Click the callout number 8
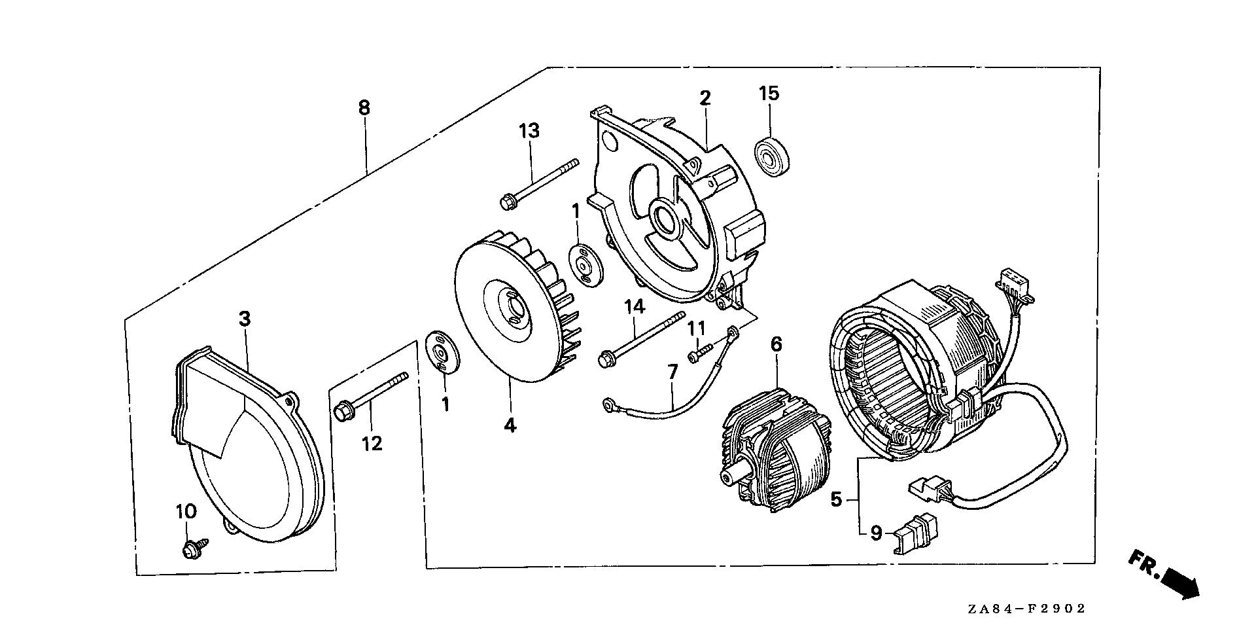click(364, 107)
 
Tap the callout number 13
click(529, 131)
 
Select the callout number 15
click(769, 94)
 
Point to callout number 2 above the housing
click(705, 98)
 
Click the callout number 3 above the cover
click(244, 319)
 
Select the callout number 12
click(372, 444)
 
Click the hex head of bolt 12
click(342, 413)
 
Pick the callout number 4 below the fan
click(510, 425)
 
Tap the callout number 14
click(634, 306)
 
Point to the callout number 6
click(776, 344)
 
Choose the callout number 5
click(836, 500)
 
